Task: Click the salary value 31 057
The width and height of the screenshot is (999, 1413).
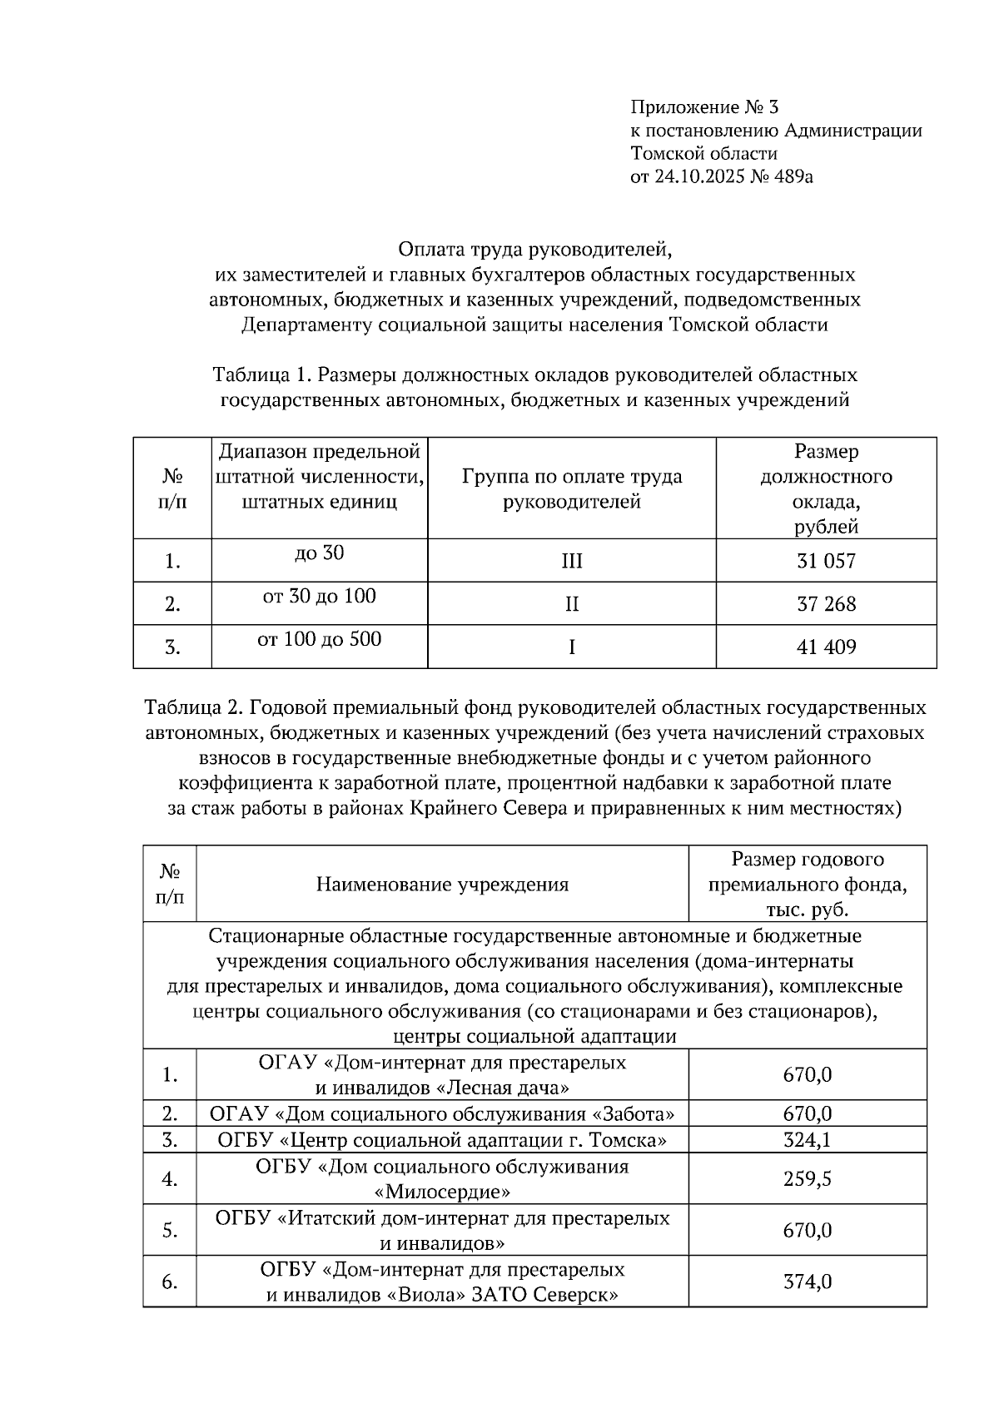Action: coord(825,561)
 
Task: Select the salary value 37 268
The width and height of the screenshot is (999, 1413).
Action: coord(825,604)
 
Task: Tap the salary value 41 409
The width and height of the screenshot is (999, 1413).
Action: coord(825,647)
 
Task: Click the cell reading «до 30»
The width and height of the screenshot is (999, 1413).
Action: coord(319,553)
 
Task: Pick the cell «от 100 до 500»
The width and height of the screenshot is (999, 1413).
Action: coord(319,640)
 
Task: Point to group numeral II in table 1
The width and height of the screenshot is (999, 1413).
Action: coord(571,604)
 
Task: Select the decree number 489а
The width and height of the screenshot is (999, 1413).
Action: coord(790,176)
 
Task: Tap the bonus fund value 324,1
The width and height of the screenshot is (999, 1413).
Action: coord(807,1139)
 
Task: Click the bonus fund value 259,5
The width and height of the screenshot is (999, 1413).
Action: coord(807,1179)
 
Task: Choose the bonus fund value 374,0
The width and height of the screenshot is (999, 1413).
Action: coord(807,1282)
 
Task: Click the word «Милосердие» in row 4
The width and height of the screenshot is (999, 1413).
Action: coord(442,1192)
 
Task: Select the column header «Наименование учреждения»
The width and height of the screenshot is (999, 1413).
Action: coord(442,885)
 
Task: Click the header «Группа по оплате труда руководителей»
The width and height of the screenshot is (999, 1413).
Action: coord(571,489)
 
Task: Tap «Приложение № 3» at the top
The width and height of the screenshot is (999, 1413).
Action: coord(703,107)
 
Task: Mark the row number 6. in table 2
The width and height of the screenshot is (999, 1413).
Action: coord(170,1282)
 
